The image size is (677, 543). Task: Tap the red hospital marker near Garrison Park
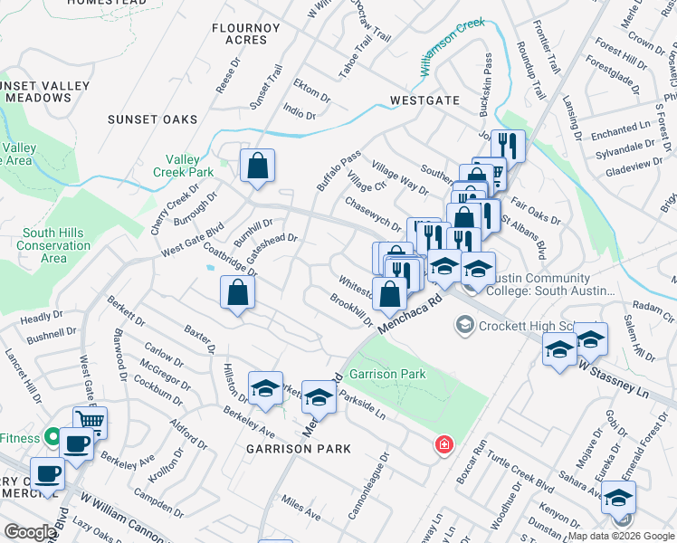click(443, 445)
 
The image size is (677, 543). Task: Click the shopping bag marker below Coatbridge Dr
click(237, 293)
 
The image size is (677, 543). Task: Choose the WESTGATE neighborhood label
click(424, 100)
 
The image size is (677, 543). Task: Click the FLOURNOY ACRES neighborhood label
click(246, 33)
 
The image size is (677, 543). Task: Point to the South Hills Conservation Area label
click(53, 245)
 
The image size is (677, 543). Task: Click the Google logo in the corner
click(29, 532)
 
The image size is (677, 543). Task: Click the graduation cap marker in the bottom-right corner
click(618, 498)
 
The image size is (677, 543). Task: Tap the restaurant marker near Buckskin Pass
click(508, 146)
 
